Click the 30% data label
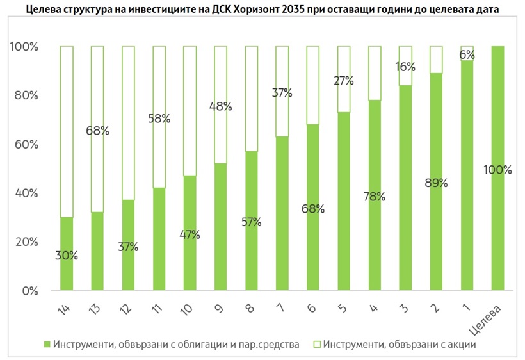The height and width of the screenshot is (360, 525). [67, 255]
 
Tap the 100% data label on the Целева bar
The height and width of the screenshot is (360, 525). [498, 170]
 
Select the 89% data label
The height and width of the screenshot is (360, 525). [435, 183]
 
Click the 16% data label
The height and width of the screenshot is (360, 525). [405, 67]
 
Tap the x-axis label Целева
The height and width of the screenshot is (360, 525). [494, 316]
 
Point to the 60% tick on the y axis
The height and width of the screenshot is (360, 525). [24, 145]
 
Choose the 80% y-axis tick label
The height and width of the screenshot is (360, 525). [24, 96]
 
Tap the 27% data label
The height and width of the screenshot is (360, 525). [343, 81]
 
